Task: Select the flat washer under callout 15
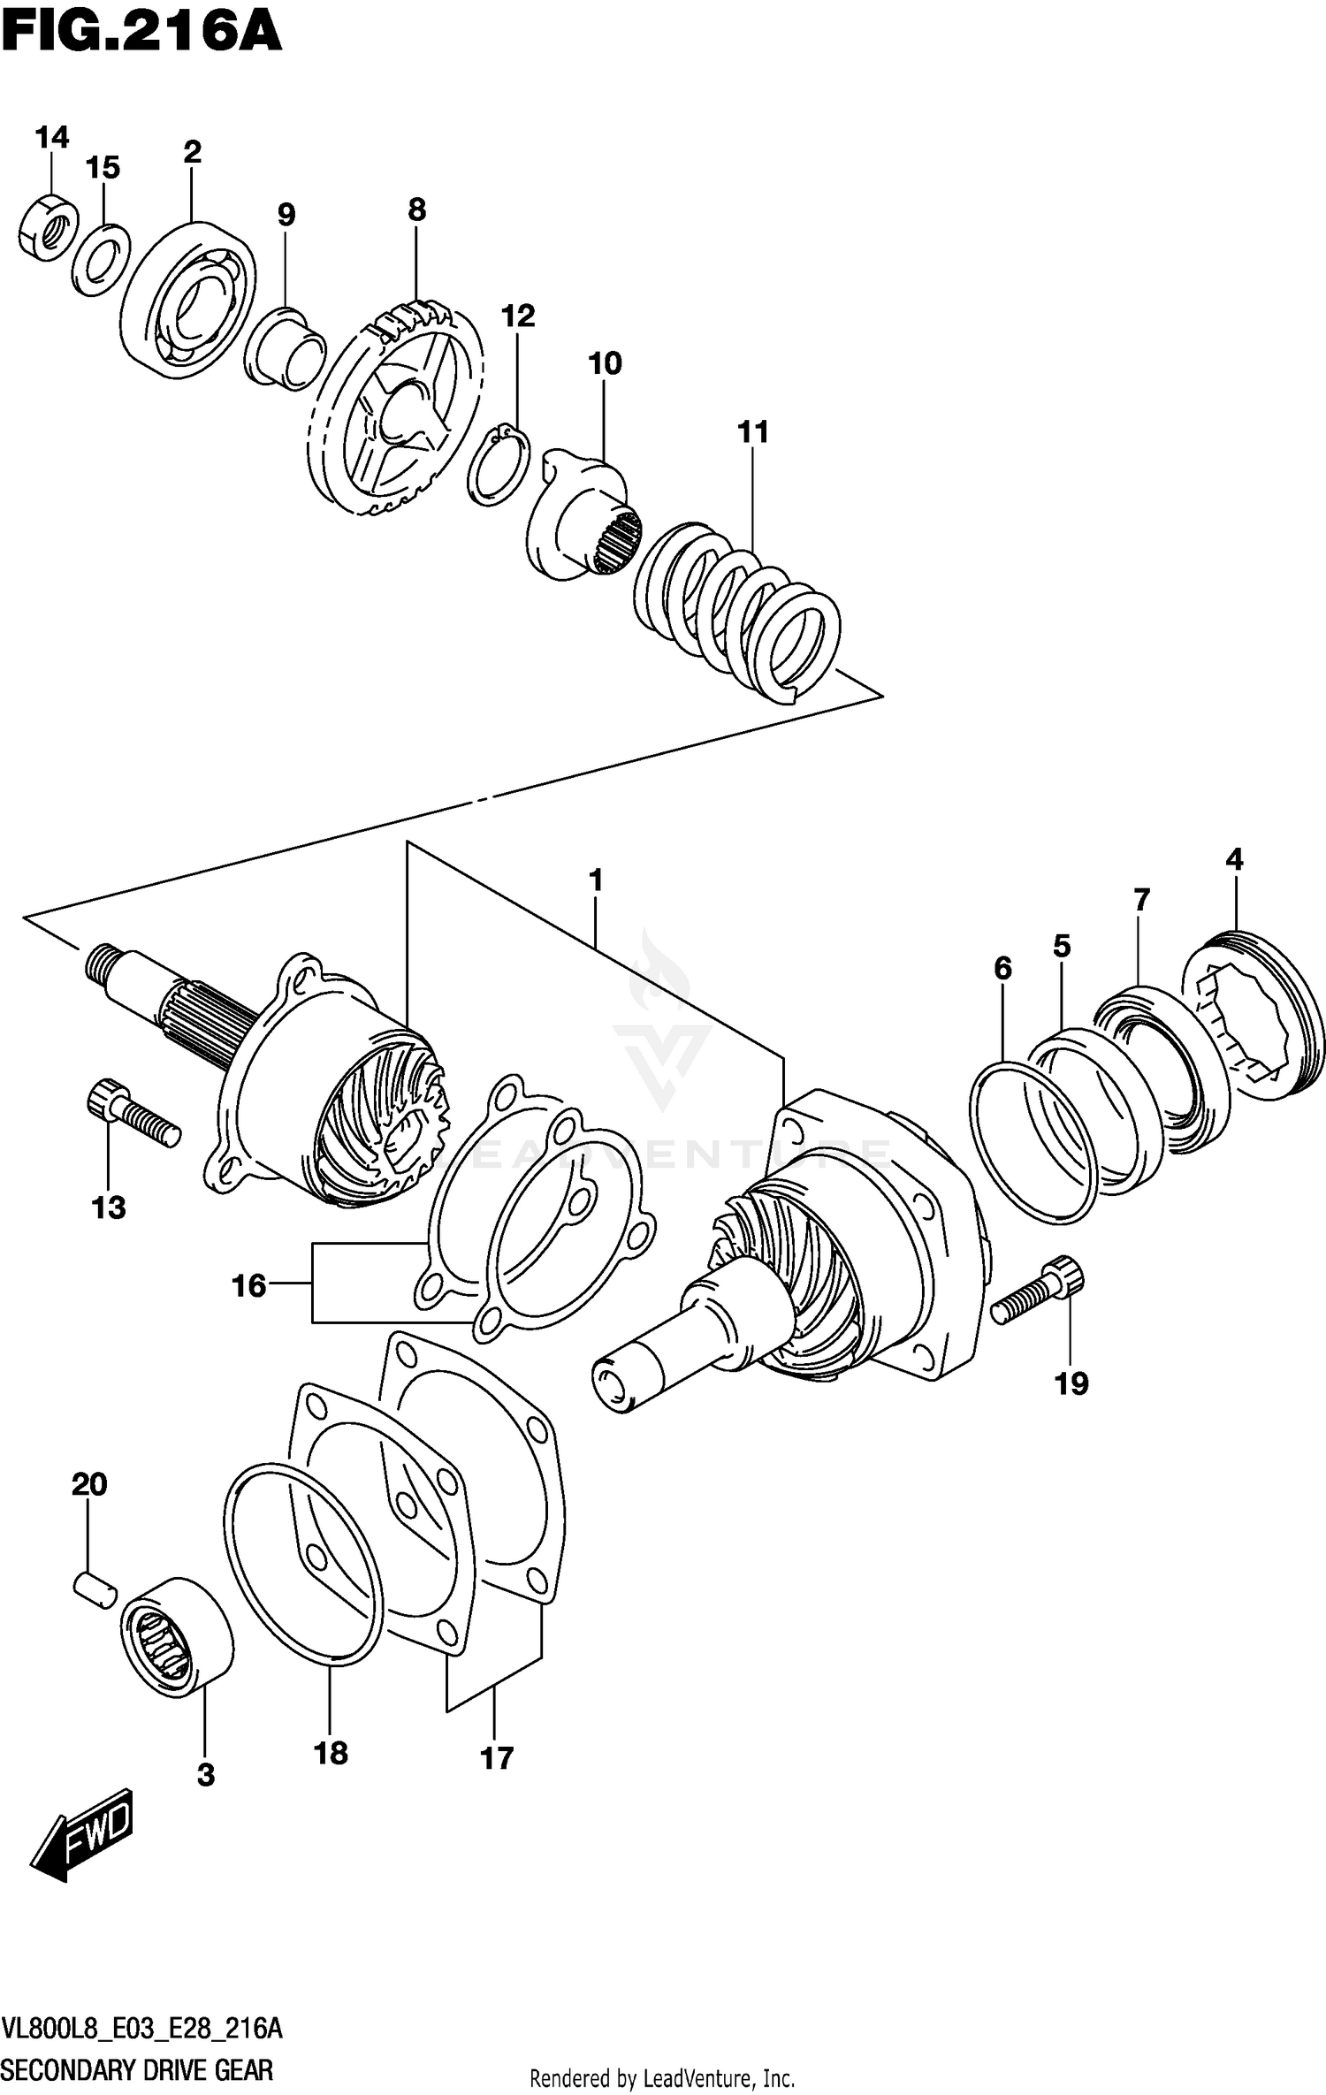click(x=100, y=260)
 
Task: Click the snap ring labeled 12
click(x=499, y=466)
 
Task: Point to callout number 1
click(x=596, y=880)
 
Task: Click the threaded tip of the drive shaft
click(x=103, y=963)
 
